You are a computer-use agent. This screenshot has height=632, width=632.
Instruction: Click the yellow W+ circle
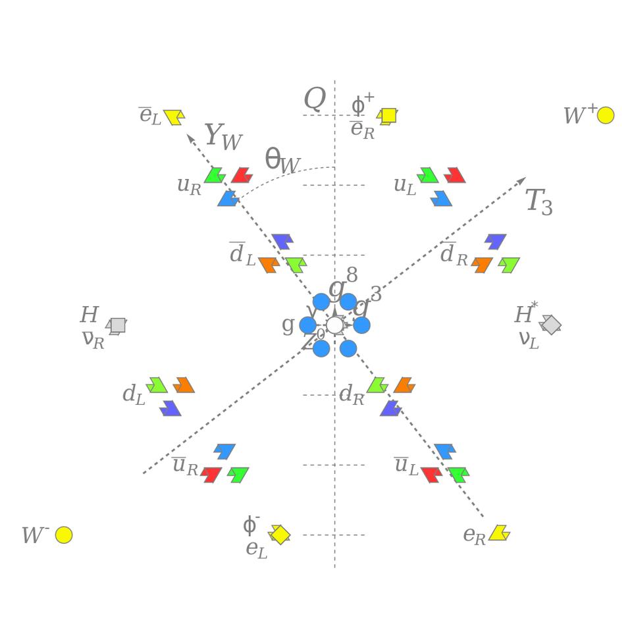[606, 115]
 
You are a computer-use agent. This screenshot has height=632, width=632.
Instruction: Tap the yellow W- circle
[64, 535]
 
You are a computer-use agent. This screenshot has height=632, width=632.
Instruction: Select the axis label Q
[315, 99]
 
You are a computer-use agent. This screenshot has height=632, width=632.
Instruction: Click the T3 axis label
[539, 201]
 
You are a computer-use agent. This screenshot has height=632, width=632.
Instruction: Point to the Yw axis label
[223, 136]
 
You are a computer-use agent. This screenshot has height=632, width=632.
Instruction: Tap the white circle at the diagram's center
[334, 325]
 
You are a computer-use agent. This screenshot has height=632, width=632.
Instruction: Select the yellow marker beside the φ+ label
[388, 116]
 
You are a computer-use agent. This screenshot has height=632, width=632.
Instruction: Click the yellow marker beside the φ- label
[280, 534]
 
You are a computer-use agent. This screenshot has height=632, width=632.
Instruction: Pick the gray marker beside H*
[550, 325]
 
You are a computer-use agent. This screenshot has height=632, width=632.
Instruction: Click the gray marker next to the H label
[117, 325]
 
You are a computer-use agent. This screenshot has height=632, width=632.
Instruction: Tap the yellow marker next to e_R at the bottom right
[499, 533]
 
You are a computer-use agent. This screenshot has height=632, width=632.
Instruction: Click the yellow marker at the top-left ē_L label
[174, 117]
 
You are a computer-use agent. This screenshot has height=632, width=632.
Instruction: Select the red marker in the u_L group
[454, 175]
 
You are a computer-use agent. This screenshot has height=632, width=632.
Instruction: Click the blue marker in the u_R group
[228, 198]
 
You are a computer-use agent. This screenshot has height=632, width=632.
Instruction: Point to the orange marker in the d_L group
[184, 385]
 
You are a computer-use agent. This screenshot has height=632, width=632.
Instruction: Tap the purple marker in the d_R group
[390, 408]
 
